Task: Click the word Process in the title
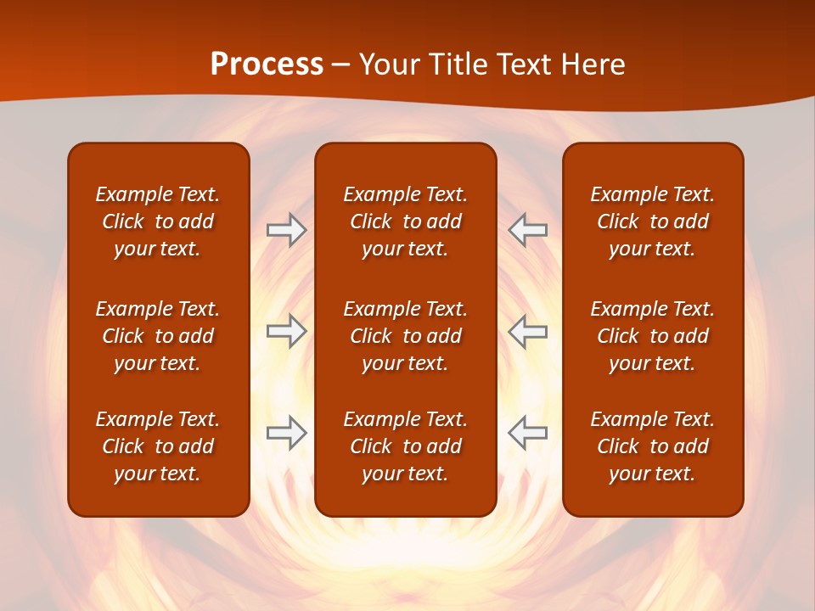pyautogui.click(x=267, y=64)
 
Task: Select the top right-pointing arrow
pyautogui.click(x=286, y=230)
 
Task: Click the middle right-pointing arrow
pyautogui.click(x=286, y=331)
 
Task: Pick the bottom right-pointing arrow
pyautogui.click(x=286, y=433)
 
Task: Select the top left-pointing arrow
pyautogui.click(x=528, y=230)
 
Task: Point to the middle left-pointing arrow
pyautogui.click(x=528, y=331)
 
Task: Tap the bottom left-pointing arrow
pyautogui.click(x=528, y=433)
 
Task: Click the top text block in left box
pyautogui.click(x=158, y=221)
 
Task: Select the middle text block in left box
pyautogui.click(x=158, y=336)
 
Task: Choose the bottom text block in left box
pyautogui.click(x=158, y=446)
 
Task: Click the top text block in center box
pyautogui.click(x=405, y=221)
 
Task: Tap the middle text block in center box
pyautogui.click(x=405, y=336)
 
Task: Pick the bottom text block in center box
pyautogui.click(x=405, y=446)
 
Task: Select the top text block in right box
pyautogui.click(x=652, y=221)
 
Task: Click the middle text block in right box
pyautogui.click(x=652, y=336)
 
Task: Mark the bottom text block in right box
pyautogui.click(x=652, y=446)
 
